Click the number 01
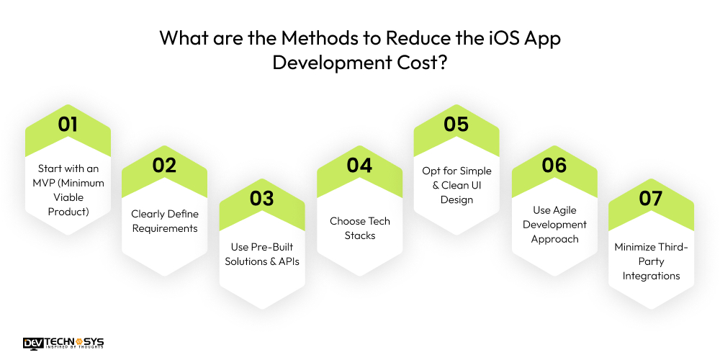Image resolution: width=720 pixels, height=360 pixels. point(68,124)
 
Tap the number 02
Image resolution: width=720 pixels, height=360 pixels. point(164,165)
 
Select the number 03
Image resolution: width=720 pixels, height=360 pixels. point(262,199)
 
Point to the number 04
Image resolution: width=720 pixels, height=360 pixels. point(359,165)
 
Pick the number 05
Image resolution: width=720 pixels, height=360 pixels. point(456,124)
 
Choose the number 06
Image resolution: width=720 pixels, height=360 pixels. point(554,165)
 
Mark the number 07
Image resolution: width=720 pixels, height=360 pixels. point(651,199)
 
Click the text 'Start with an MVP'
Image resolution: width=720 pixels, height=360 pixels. point(68,183)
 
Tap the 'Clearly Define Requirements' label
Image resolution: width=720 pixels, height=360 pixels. point(164,221)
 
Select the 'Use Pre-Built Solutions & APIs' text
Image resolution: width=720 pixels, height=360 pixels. point(262,254)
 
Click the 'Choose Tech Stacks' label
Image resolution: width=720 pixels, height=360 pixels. point(359,228)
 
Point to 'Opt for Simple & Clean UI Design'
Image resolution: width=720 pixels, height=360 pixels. point(456,185)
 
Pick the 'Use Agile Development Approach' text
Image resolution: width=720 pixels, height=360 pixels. point(554,224)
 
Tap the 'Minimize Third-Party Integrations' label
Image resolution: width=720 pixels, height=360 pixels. point(651,261)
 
